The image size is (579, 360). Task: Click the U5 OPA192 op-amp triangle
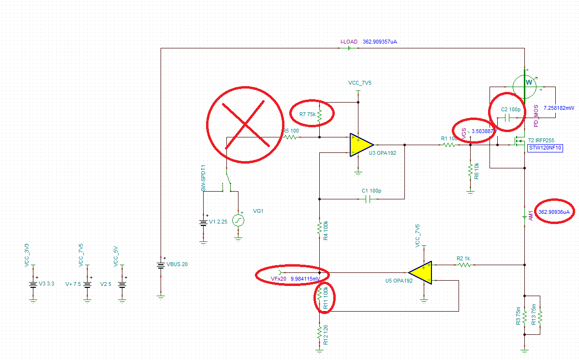tap(419, 272)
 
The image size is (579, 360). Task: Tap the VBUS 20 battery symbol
tap(161, 265)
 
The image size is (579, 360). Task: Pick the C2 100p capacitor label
tap(510, 109)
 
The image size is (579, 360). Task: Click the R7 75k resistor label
tap(308, 114)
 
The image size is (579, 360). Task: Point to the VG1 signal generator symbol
tap(238, 221)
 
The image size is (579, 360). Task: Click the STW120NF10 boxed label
tap(545, 148)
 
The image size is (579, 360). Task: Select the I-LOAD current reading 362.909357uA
tap(380, 42)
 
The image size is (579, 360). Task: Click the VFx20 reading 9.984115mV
tap(304, 279)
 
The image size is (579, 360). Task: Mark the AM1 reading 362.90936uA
tap(555, 212)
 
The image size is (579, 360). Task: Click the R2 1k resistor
tap(463, 265)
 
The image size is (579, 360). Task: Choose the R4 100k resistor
tap(319, 227)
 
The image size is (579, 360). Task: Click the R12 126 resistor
tap(319, 333)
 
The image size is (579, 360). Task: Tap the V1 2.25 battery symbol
tap(204, 223)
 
